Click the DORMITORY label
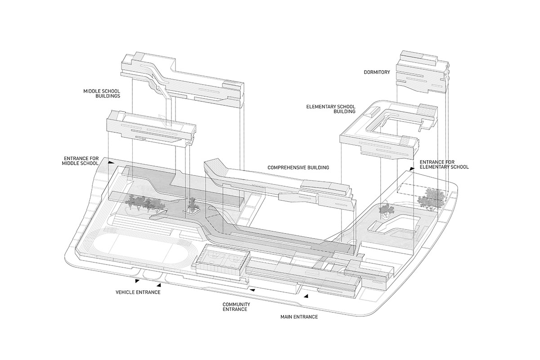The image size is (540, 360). click(377, 72)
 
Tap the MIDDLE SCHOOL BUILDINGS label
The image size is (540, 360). click(101, 93)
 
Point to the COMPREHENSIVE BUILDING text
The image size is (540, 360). click(298, 167)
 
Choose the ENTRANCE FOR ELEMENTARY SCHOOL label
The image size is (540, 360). click(444, 164)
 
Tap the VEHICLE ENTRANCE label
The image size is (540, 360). click(138, 292)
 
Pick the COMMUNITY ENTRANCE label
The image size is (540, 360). click(236, 307)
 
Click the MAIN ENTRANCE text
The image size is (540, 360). click(299, 317)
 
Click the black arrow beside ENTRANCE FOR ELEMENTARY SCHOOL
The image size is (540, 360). click(412, 168)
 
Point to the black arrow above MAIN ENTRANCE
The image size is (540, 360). click(306, 296)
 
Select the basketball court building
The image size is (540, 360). click(220, 262)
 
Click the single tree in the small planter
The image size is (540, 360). click(193, 204)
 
